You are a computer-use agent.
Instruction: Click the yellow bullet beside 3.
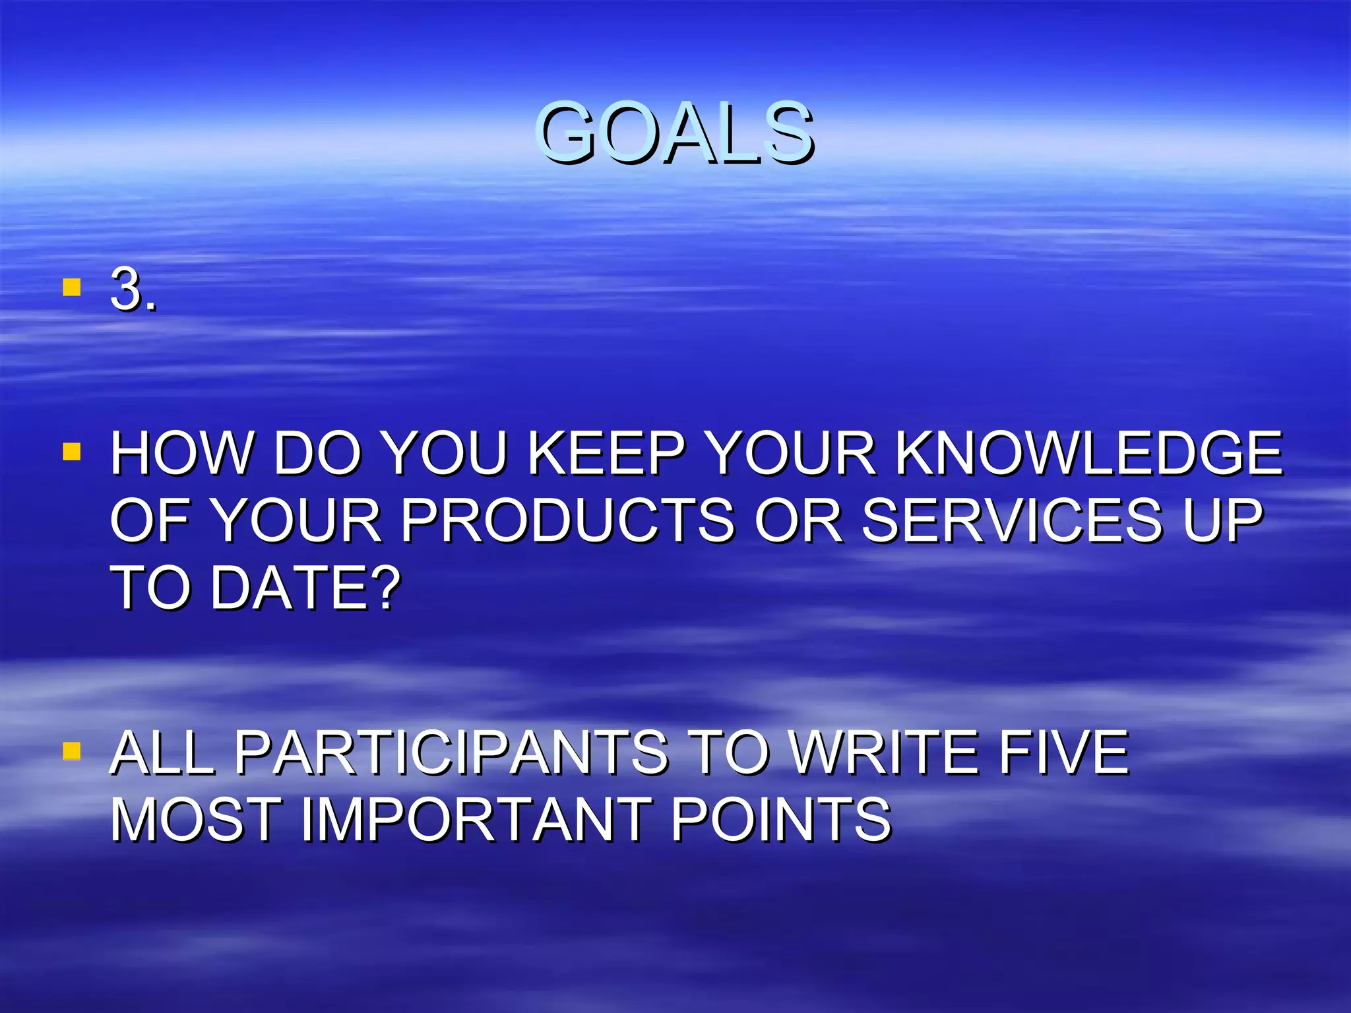click(x=72, y=287)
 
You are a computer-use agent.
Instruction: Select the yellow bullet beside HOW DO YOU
click(x=72, y=452)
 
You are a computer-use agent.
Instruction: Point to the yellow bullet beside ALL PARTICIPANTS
click(x=72, y=751)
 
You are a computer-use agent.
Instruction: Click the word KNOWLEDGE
click(x=1088, y=454)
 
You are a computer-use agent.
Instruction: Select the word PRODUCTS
click(x=568, y=521)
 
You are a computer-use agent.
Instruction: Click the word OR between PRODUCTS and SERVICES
click(x=798, y=521)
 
